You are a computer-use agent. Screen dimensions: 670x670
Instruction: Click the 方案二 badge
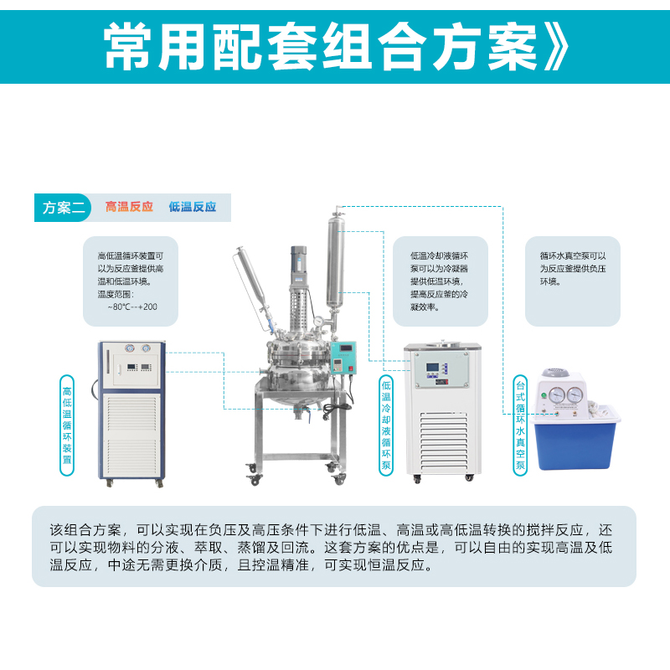pos(63,208)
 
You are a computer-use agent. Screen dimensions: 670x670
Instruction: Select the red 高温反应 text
pos(129,207)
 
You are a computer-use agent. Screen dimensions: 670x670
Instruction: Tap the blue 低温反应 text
pos(193,207)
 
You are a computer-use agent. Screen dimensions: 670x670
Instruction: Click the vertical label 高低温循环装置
pos(67,425)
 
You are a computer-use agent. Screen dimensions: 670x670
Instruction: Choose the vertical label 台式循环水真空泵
pos(520,425)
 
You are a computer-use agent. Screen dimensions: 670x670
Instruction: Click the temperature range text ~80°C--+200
pos(132,307)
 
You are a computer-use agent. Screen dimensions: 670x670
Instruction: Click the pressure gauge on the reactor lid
pos(318,322)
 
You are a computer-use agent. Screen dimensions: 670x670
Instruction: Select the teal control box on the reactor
pos(343,358)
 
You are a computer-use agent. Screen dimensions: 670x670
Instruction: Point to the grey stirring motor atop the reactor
pos(299,264)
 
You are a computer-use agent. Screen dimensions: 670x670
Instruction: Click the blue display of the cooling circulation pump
pos(432,367)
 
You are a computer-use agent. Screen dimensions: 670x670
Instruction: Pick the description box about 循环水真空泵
pos(573,281)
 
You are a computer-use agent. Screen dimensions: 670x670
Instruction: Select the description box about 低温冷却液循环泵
pos(441,281)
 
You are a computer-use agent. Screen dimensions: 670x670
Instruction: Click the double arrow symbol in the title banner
pos(556,47)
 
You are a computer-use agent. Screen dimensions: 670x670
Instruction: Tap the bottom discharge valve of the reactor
pos(302,414)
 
